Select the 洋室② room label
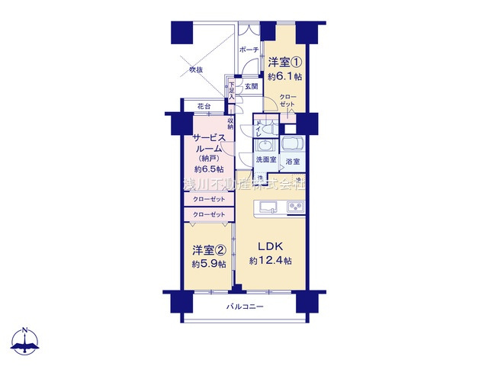pyautogui.click(x=208, y=249)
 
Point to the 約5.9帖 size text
pyautogui.click(x=208, y=263)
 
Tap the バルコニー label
pyautogui.click(x=244, y=307)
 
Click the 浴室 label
pyautogui.click(x=293, y=162)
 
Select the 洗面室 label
pyautogui.click(x=265, y=160)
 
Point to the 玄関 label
pyautogui.click(x=251, y=86)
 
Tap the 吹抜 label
pyautogui.click(x=197, y=70)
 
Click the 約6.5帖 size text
pyautogui.click(x=208, y=169)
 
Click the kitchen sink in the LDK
pyautogui.click(x=267, y=207)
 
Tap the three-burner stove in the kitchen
pyautogui.click(x=295, y=207)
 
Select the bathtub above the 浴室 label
pyautogui.click(x=292, y=145)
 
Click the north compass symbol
pyautogui.click(x=27, y=342)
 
